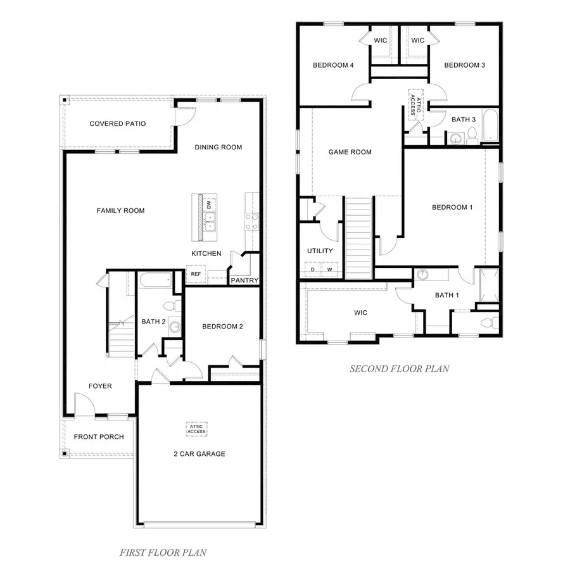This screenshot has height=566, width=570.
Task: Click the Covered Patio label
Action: tap(117, 124)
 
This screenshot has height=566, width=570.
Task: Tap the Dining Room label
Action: tap(218, 148)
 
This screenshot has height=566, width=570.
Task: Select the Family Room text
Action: tap(120, 211)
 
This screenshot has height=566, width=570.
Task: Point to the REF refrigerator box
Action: tap(196, 274)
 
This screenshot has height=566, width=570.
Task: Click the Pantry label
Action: tap(243, 280)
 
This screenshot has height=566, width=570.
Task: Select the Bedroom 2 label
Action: tap(222, 327)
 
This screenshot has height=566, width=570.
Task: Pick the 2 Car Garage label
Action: tap(199, 454)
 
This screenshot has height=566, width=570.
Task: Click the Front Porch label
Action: tap(99, 437)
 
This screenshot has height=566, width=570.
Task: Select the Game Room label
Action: tap(350, 152)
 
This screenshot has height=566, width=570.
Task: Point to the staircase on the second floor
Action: tap(358, 237)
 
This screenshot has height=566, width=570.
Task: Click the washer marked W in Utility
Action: tap(329, 269)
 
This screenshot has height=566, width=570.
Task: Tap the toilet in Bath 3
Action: tap(472, 135)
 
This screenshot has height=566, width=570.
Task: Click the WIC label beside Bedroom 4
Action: tap(381, 41)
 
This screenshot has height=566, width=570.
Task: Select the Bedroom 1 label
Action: tap(452, 207)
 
